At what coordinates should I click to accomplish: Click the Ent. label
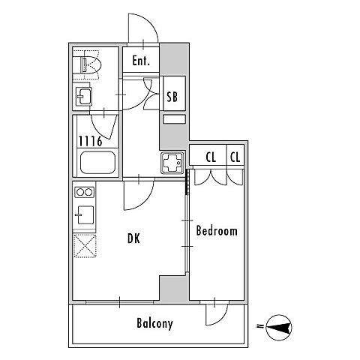point(141,61)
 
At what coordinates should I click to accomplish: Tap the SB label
point(172,97)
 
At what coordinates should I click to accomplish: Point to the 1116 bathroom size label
point(91,141)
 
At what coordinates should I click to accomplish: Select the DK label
point(133,238)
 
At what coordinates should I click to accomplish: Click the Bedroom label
point(217,231)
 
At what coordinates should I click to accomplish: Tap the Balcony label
point(154,323)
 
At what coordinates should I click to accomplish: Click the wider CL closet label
point(211,157)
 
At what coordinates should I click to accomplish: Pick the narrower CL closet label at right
point(235,157)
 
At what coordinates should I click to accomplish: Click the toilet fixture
point(91,65)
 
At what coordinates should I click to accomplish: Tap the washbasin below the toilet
point(84,97)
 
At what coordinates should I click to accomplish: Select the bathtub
point(97,163)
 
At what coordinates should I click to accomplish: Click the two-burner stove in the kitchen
point(84,192)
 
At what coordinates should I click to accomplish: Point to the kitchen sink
point(85,214)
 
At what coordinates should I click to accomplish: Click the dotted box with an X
point(85,246)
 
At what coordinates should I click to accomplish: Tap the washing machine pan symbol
point(172,163)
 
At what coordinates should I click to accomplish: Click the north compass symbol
point(279,328)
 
